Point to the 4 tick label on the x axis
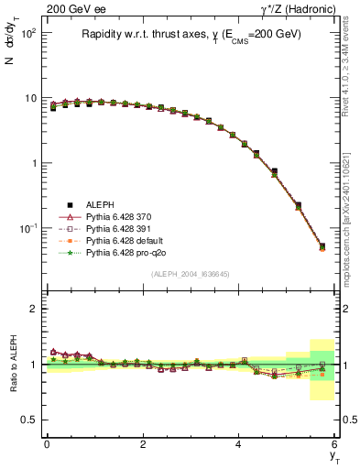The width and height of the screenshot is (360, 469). (238, 444)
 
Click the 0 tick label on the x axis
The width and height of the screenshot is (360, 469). (47, 444)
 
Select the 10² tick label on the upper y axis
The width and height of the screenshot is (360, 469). (28, 32)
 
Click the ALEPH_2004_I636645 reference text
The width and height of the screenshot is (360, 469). (191, 274)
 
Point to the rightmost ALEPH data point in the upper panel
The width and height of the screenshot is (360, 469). (322, 245)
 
